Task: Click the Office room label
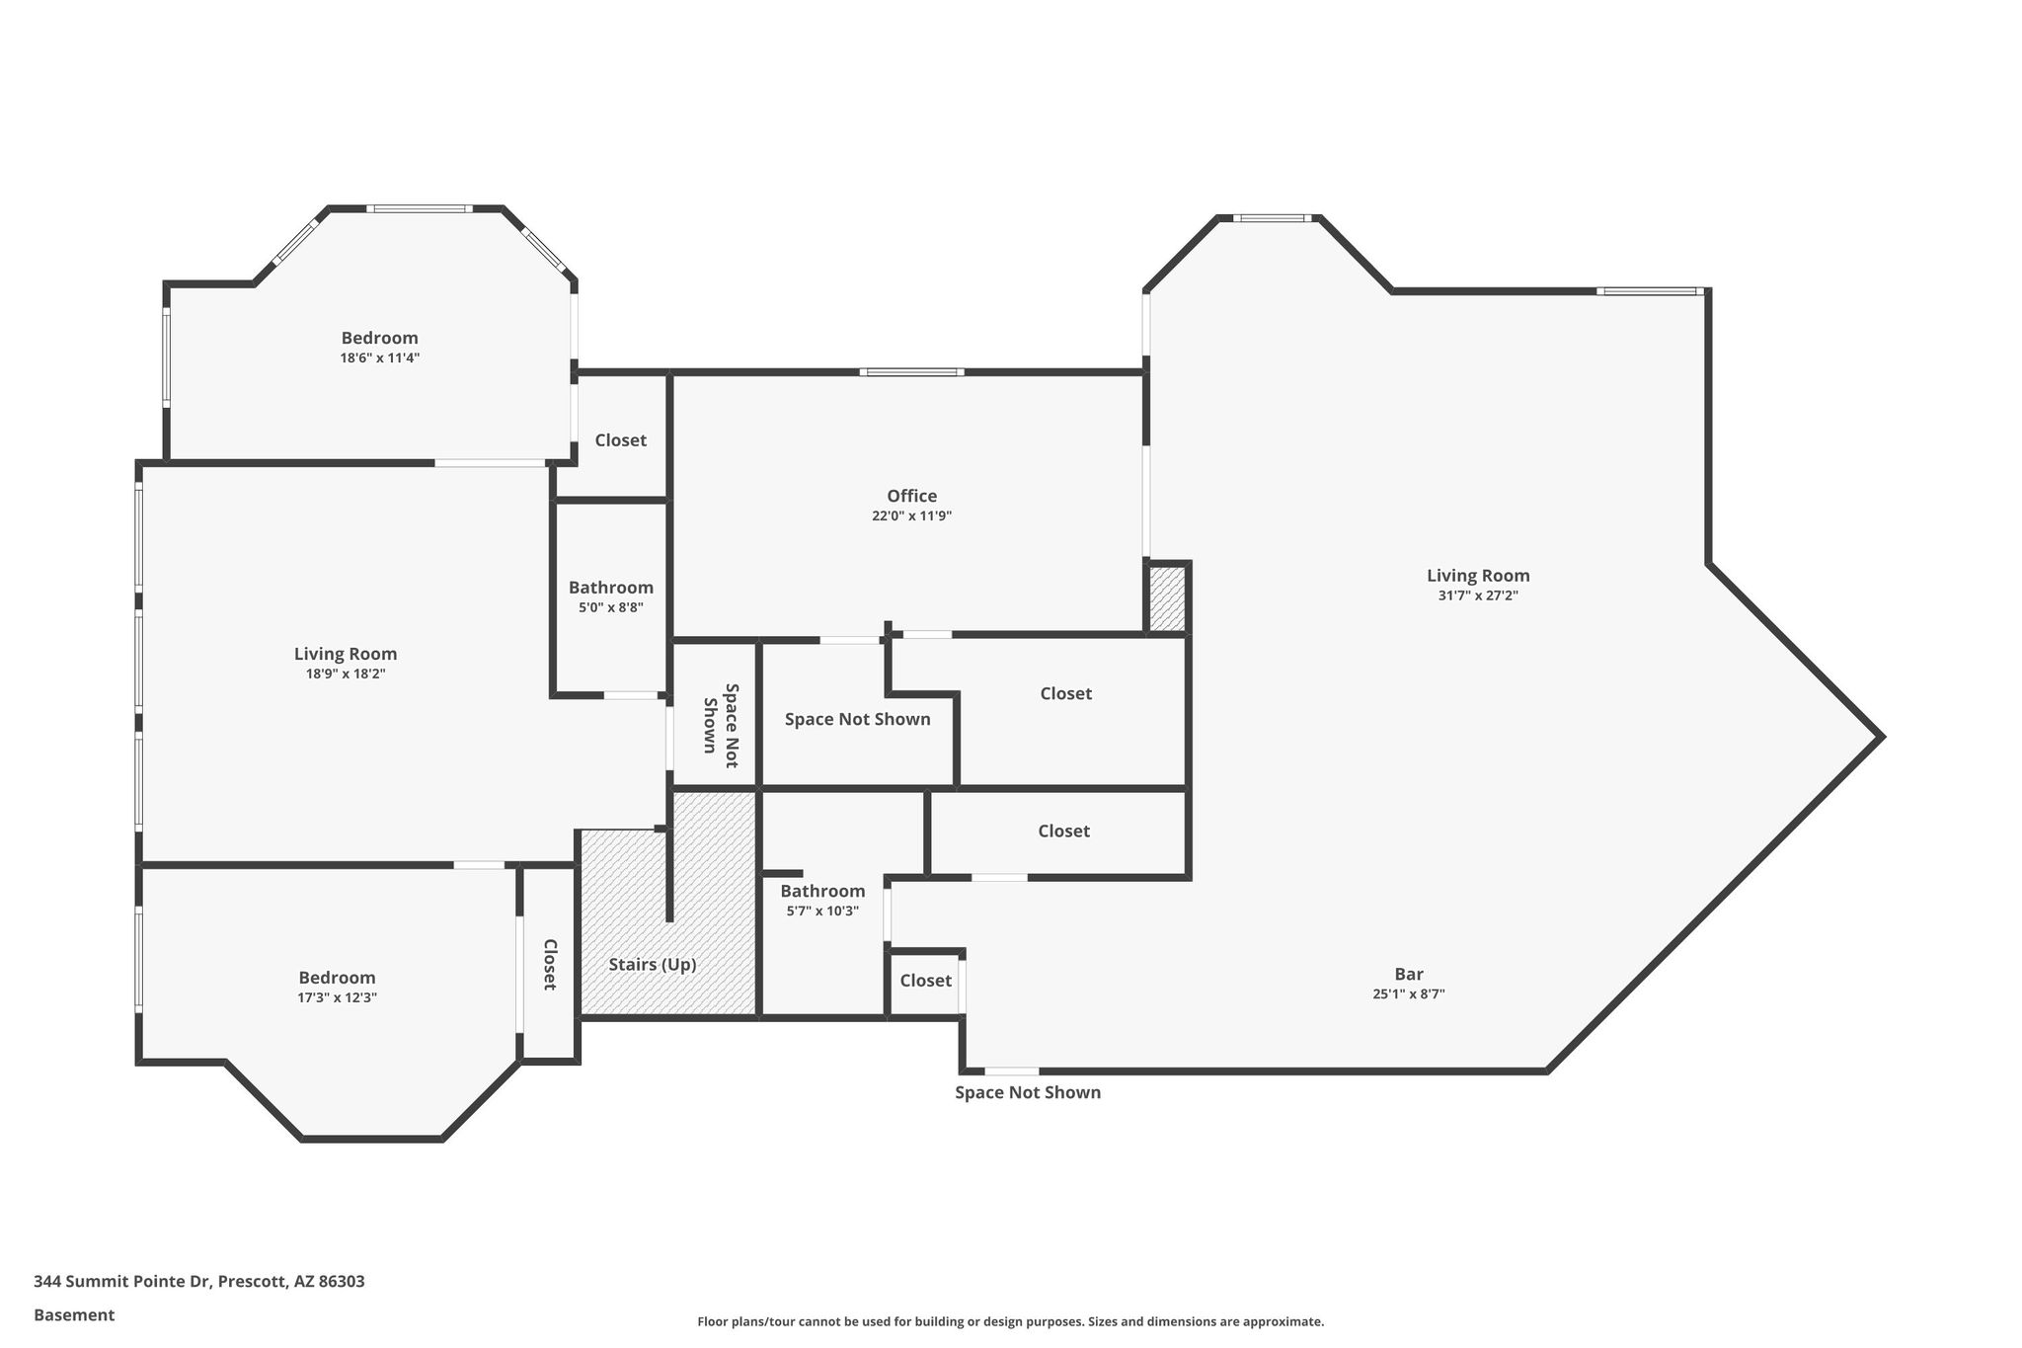(911, 496)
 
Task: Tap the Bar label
(1409, 974)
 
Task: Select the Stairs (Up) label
(653, 965)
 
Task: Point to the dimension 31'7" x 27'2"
(1478, 595)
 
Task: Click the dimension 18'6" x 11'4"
(380, 357)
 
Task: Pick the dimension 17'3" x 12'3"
(338, 997)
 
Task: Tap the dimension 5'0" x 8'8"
(611, 607)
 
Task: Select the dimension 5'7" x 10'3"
(822, 911)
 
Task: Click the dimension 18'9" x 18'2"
(346, 674)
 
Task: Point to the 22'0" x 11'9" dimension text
(911, 515)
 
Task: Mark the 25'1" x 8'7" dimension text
(1409, 994)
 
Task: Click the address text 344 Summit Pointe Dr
(122, 1282)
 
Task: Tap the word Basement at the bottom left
(74, 1315)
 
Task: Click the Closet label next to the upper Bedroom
(620, 440)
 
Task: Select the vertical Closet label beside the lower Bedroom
(550, 964)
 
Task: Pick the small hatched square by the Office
(1168, 597)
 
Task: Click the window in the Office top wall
(911, 372)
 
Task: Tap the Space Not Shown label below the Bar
(1028, 1092)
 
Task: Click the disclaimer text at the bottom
(1011, 1321)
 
